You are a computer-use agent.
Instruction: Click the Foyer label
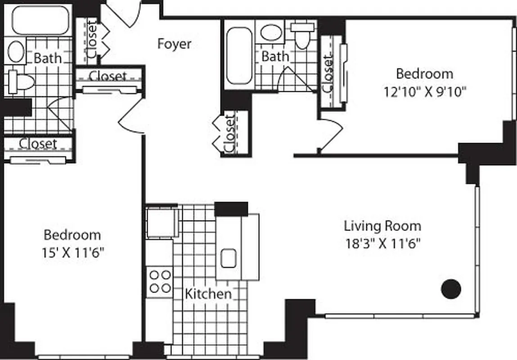click(x=174, y=44)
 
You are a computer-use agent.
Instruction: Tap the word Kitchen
click(x=208, y=294)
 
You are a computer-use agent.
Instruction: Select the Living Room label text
click(x=382, y=225)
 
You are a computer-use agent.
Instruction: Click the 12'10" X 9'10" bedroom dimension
click(x=424, y=91)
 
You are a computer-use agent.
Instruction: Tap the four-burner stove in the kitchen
click(x=160, y=281)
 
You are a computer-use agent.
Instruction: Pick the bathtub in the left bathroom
click(x=40, y=20)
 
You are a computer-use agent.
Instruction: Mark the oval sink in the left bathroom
click(x=16, y=51)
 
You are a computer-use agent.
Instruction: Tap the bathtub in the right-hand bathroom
click(x=239, y=56)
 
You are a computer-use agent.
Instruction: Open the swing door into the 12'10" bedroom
click(x=331, y=133)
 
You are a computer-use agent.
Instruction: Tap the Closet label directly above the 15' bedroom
click(x=38, y=144)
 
